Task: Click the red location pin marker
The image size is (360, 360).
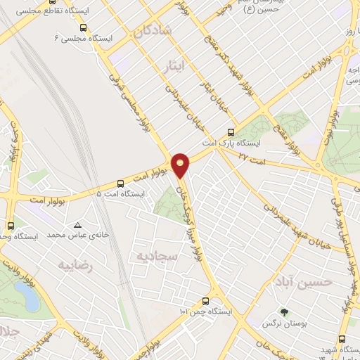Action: (x=181, y=165)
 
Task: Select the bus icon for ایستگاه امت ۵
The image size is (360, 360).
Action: (x=120, y=182)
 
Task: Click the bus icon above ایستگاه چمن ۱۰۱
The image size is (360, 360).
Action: (x=205, y=300)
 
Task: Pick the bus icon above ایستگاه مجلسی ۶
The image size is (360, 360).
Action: (x=83, y=27)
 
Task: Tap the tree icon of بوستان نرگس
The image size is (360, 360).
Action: (x=284, y=312)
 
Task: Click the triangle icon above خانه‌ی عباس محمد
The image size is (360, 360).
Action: (x=77, y=225)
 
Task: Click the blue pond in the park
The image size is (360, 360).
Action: (x=31, y=298)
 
